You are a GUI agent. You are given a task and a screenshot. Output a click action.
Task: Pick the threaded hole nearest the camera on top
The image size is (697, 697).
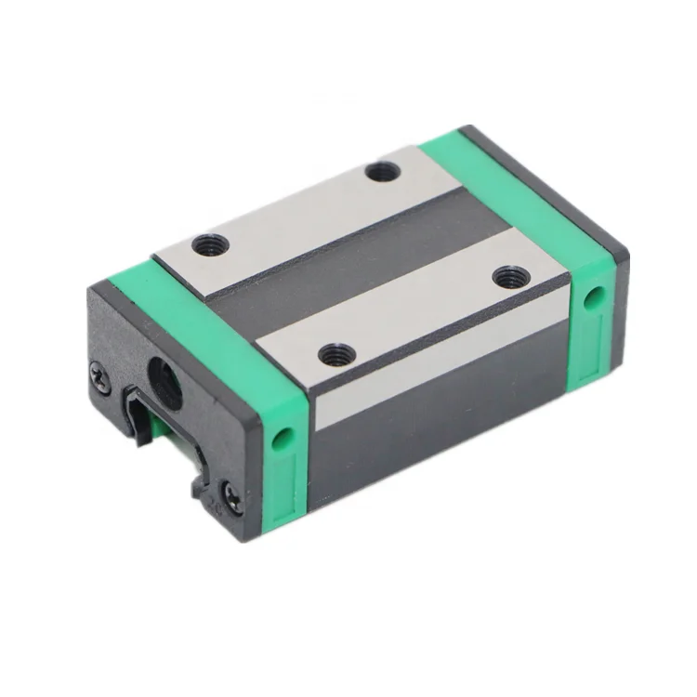(335, 354)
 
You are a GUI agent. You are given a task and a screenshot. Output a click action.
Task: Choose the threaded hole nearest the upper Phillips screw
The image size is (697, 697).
(210, 246)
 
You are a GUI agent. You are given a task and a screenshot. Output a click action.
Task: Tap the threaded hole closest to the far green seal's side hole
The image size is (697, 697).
(510, 276)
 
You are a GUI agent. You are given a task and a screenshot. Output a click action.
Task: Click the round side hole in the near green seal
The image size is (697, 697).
(283, 436)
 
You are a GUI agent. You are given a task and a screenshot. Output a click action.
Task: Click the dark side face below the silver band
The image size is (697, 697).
(437, 427)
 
